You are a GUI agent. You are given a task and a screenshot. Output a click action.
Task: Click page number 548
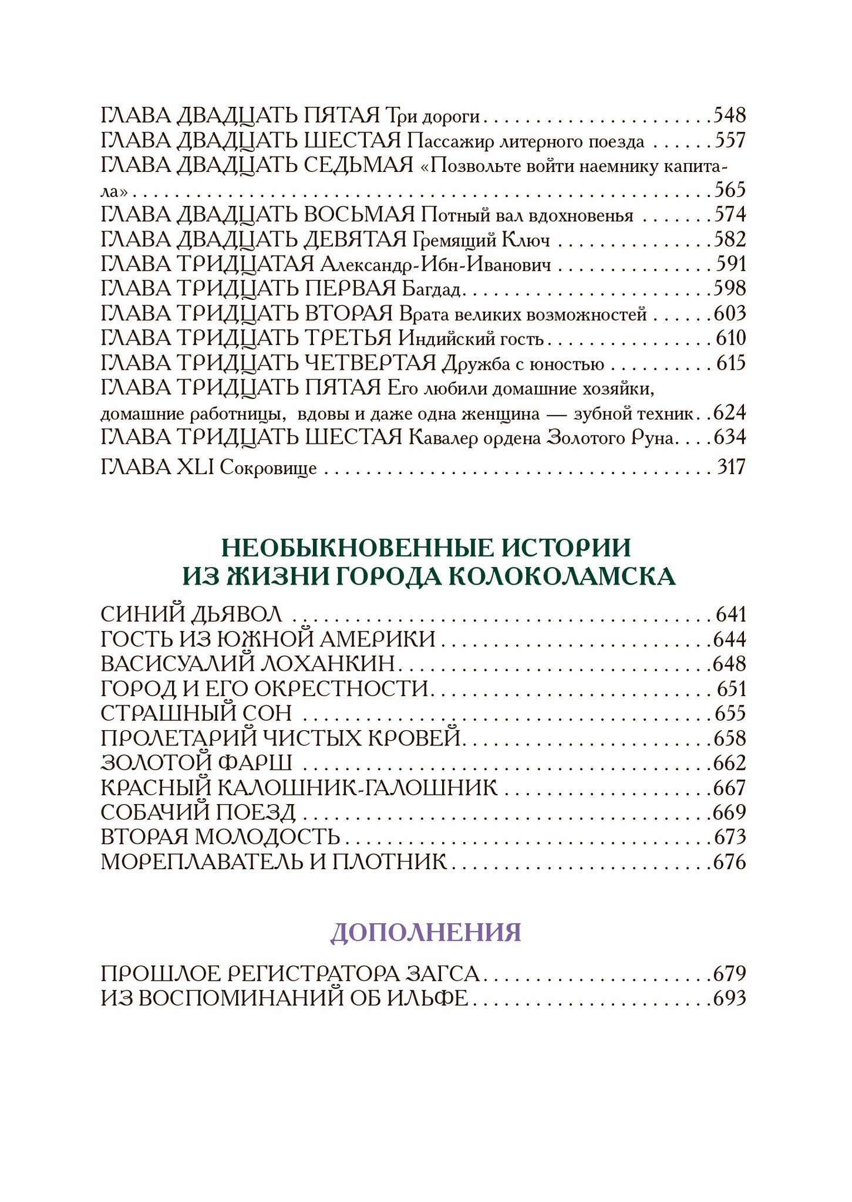pyautogui.click(x=729, y=115)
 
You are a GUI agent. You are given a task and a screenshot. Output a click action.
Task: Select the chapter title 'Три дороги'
pyautogui.click(x=433, y=116)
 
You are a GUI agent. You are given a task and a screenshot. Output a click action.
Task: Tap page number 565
pyautogui.click(x=730, y=190)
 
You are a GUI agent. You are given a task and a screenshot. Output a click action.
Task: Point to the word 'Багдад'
pyautogui.click(x=433, y=289)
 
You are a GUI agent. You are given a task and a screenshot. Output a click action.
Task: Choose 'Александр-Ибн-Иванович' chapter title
pyautogui.click(x=436, y=265)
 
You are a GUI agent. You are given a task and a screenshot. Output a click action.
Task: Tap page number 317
pyautogui.click(x=730, y=468)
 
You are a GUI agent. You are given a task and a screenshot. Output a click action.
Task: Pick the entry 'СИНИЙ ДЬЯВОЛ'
pyautogui.click(x=191, y=614)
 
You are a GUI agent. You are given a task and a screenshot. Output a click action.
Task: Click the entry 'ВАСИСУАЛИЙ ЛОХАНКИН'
pyautogui.click(x=247, y=664)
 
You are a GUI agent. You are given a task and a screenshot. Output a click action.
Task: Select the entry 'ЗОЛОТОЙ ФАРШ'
pyautogui.click(x=196, y=763)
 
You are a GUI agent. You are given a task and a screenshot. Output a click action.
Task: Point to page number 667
pyautogui.click(x=729, y=788)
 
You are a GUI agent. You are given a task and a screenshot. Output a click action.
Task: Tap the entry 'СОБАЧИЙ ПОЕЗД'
pyautogui.click(x=198, y=813)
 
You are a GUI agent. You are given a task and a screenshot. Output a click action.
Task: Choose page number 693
pyautogui.click(x=729, y=998)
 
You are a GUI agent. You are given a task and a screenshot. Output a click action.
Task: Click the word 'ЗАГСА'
pyautogui.click(x=443, y=974)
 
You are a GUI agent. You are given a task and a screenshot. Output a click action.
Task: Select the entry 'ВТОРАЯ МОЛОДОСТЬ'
pyautogui.click(x=220, y=838)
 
